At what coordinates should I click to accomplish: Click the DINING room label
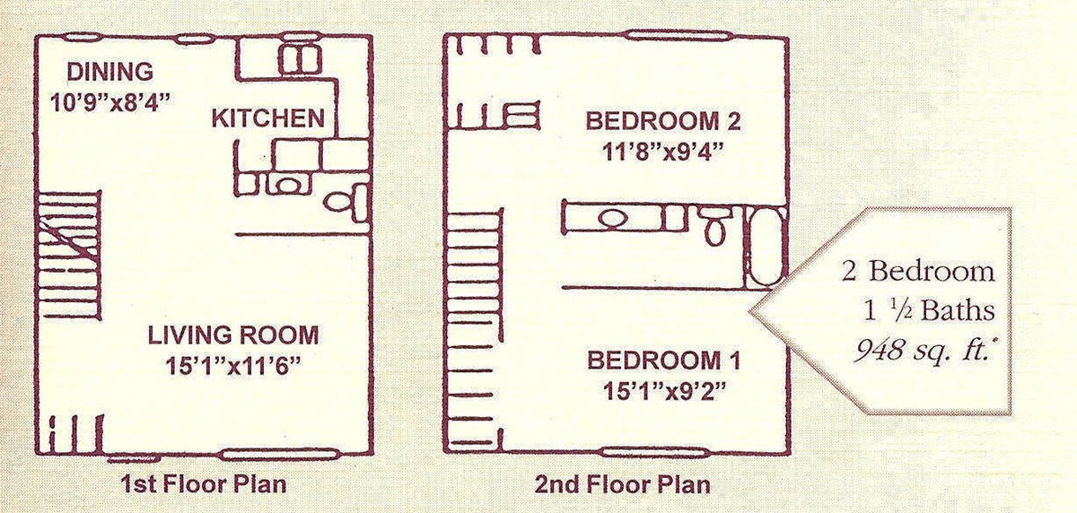click(x=110, y=72)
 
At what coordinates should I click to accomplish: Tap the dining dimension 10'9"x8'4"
click(x=111, y=103)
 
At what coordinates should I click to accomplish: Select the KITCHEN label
click(x=268, y=118)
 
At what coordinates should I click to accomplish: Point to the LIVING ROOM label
click(x=233, y=335)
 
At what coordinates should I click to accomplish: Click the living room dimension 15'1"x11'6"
click(x=233, y=366)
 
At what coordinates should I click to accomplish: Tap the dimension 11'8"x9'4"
click(x=663, y=152)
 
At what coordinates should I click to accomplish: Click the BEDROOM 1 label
click(x=663, y=361)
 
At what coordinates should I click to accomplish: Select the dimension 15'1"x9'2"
click(x=664, y=391)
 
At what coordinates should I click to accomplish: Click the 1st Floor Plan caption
click(x=204, y=484)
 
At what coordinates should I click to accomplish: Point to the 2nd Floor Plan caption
click(x=623, y=484)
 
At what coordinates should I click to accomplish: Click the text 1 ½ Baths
click(x=929, y=311)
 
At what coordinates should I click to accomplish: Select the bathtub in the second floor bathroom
click(x=766, y=248)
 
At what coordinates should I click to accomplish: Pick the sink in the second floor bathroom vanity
click(x=614, y=219)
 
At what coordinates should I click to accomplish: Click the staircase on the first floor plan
click(x=69, y=256)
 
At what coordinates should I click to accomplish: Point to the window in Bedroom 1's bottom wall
click(x=655, y=453)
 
